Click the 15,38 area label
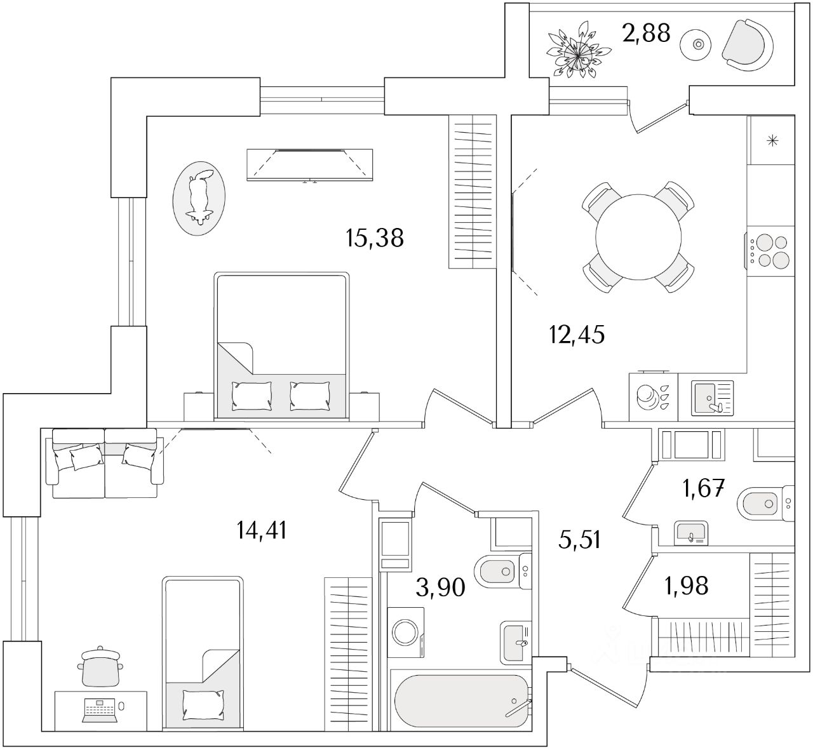(375, 238)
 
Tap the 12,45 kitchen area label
(577, 335)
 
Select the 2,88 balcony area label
(647, 33)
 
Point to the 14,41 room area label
(262, 530)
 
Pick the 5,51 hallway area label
(579, 540)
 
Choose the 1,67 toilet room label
(703, 488)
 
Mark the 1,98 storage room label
(686, 586)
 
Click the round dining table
(638, 237)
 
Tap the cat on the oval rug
(199, 198)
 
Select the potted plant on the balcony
(579, 52)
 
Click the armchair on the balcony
(747, 45)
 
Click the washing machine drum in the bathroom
(405, 632)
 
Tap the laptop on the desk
(100, 710)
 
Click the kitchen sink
(713, 398)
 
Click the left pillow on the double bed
(252, 396)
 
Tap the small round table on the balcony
(695, 45)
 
